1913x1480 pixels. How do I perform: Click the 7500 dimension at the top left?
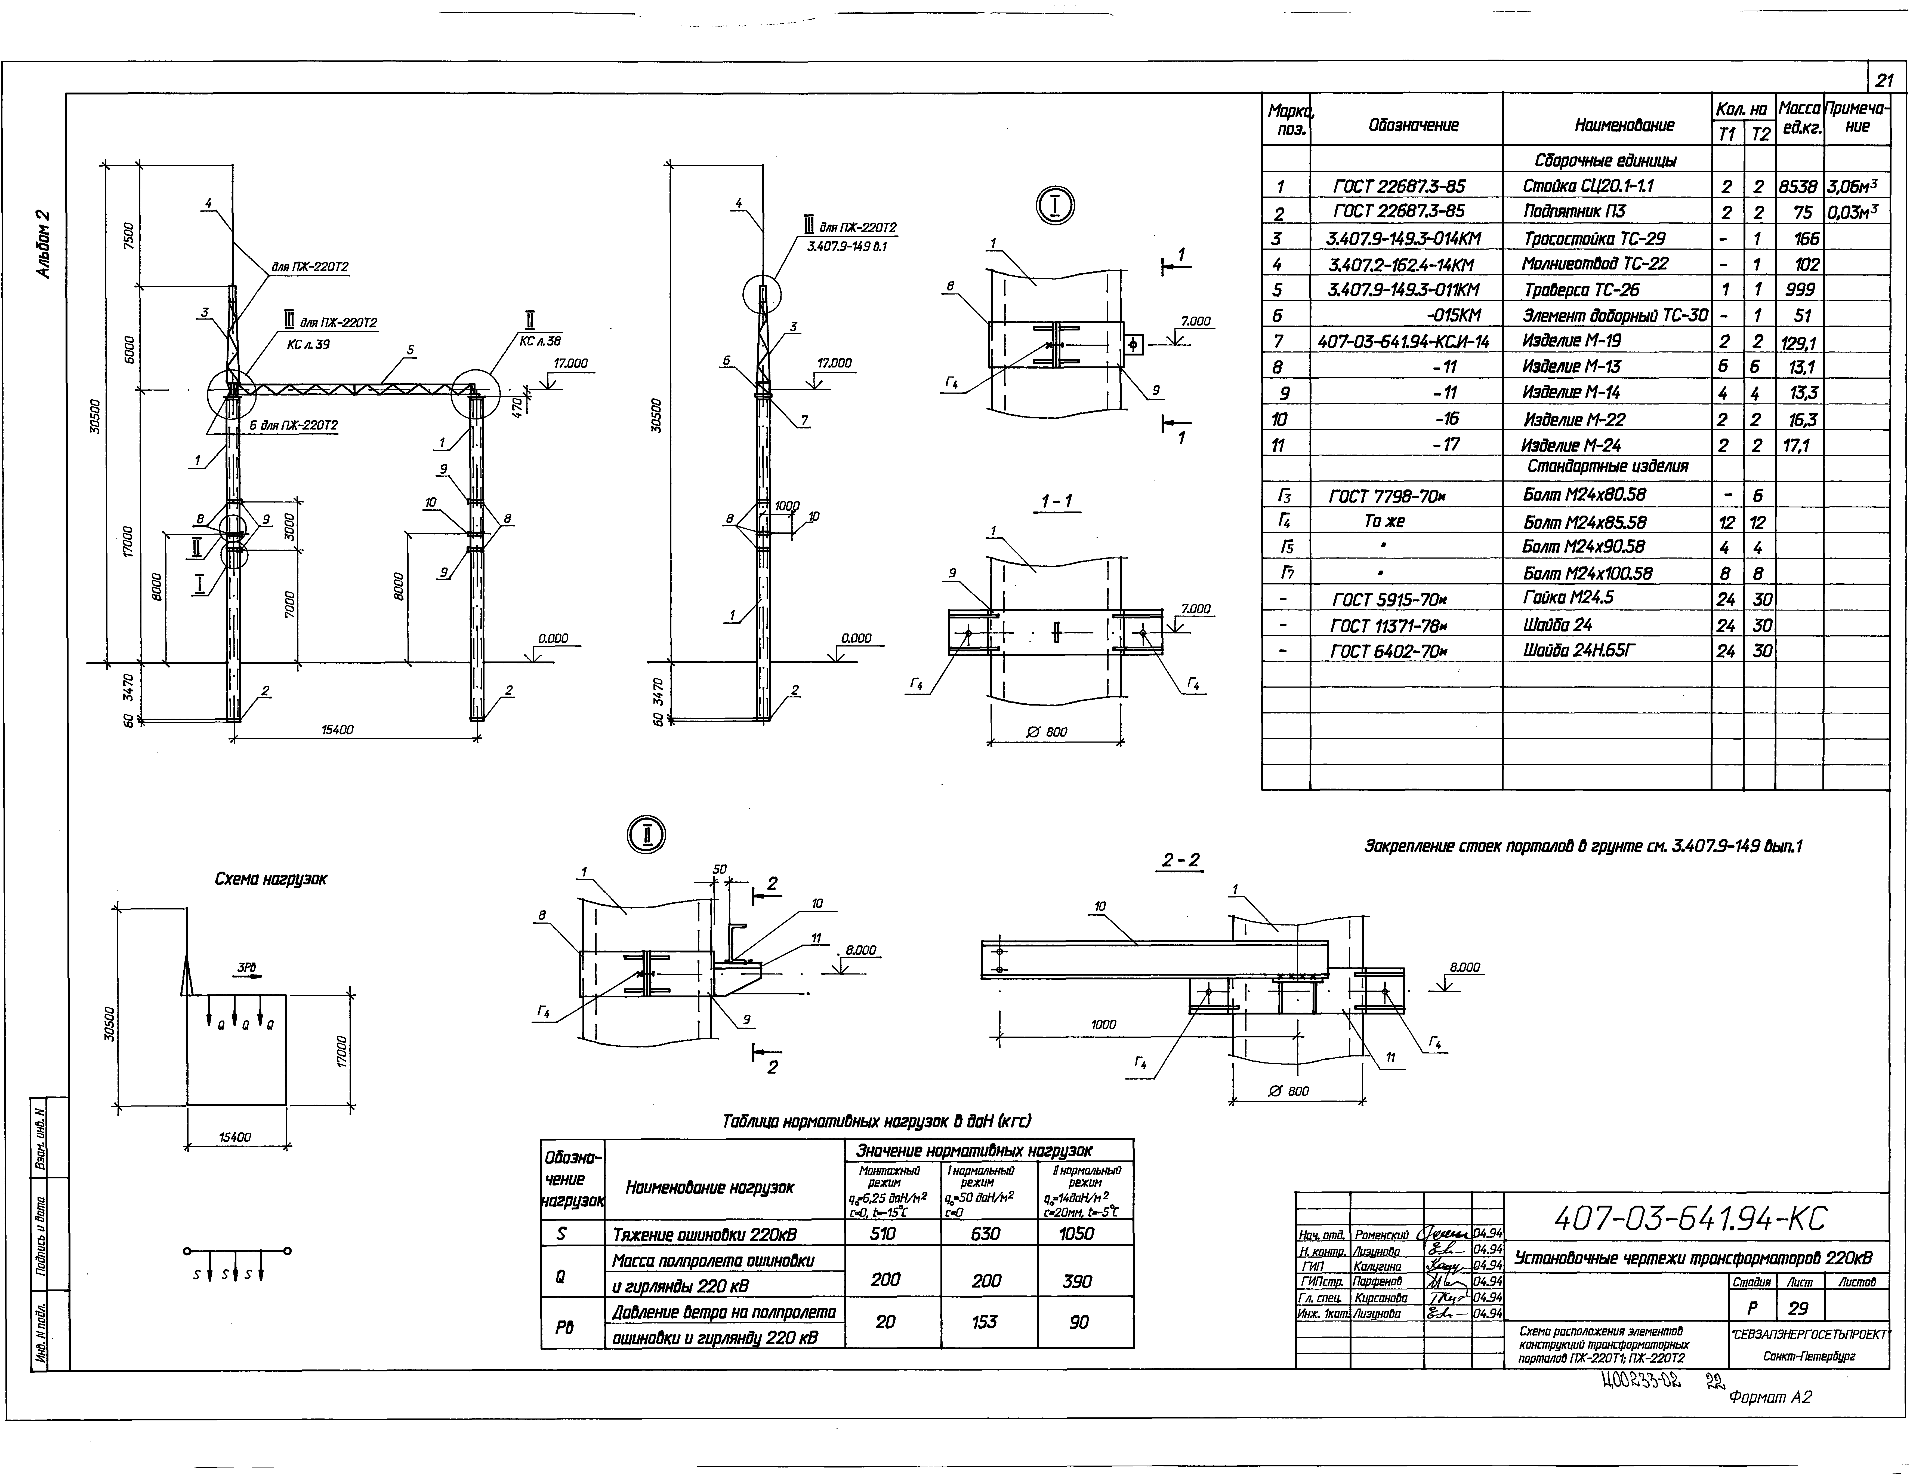coord(129,236)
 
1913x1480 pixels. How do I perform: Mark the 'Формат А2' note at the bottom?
coord(1769,1398)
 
